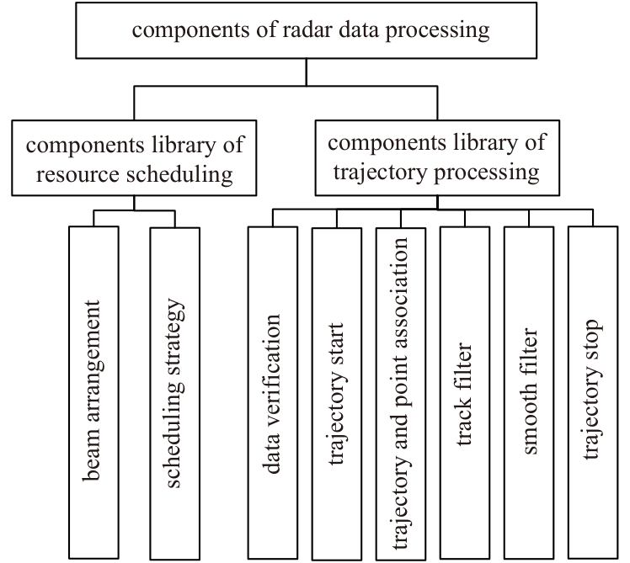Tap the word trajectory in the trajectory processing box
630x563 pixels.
380,173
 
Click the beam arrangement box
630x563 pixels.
93,392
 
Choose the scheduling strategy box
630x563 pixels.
175,394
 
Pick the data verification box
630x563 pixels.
273,393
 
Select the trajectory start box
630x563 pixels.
337,394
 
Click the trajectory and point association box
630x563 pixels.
401,394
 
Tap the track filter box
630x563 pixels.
465,393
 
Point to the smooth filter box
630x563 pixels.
529,393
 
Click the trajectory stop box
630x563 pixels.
593,392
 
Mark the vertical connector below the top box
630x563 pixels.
307,72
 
